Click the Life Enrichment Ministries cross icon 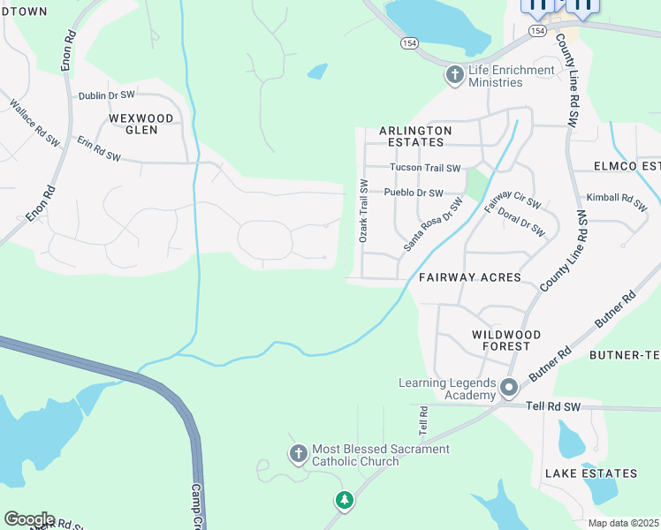(455, 75)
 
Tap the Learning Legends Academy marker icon (508, 388)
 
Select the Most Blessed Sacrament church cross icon (299, 454)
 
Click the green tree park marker (344, 501)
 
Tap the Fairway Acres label (469, 277)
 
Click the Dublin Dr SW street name (106, 95)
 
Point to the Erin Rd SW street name (98, 148)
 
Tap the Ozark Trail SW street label (362, 210)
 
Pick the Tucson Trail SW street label (425, 168)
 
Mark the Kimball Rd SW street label (617, 200)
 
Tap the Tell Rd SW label (552, 406)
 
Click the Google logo (29, 519)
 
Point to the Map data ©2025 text (623, 523)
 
